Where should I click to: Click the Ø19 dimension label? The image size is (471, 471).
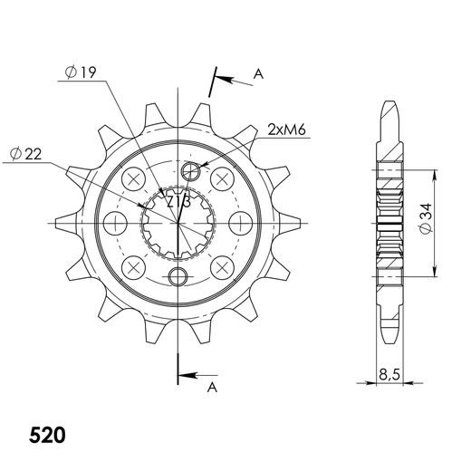pos(82,75)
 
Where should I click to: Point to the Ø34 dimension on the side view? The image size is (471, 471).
pos(450,219)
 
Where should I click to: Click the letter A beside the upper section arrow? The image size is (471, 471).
pos(258,75)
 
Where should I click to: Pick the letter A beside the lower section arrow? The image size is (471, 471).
pos(213,387)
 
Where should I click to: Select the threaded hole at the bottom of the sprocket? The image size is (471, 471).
pos(178,275)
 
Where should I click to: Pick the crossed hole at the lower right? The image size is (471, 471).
pos(221,266)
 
